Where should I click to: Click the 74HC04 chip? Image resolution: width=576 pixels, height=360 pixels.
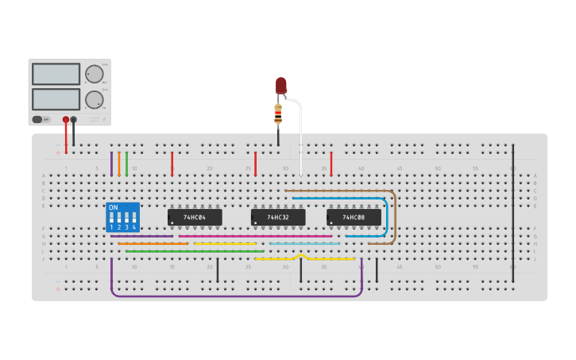pos(195,217)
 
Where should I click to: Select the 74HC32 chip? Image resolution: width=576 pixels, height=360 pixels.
pos(277,217)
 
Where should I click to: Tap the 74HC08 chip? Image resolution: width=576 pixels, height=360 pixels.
pos(354,217)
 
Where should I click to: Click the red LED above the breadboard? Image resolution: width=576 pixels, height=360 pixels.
pos(280,85)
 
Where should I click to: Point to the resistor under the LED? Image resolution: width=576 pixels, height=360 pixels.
pos(278,114)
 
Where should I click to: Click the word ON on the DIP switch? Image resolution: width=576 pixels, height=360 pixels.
pos(113,208)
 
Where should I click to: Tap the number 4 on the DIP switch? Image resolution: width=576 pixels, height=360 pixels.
pos(133,227)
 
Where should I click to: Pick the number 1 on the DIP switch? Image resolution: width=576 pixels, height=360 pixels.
pos(112,227)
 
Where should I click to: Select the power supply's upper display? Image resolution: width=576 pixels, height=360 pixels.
pos(56,74)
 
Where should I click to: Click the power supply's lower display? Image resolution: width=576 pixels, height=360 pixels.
pos(56,99)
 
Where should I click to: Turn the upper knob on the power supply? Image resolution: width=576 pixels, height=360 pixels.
pos(95,74)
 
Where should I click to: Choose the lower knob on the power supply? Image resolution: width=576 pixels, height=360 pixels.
pos(95,99)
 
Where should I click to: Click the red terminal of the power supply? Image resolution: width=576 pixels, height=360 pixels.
pos(65,120)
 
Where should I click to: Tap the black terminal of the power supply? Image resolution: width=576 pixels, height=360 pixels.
pos(73,120)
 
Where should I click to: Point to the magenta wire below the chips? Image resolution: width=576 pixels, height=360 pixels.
pos(254,236)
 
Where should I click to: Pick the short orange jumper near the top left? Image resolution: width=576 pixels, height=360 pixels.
pos(119,164)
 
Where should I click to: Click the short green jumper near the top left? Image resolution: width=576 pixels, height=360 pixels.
pos(126,164)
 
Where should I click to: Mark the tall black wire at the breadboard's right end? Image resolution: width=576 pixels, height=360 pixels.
pos(513,207)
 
